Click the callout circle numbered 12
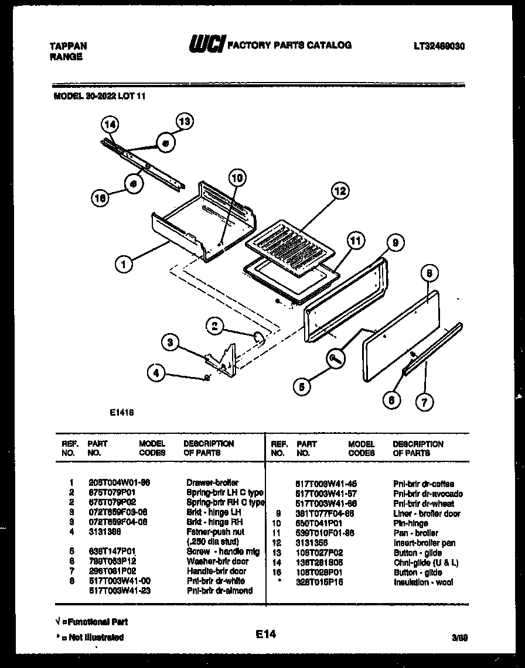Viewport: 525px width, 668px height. pos(339,191)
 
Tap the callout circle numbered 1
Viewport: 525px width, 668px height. pos(123,264)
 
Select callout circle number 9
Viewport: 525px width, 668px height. pos(395,242)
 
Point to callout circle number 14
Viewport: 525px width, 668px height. pos(110,124)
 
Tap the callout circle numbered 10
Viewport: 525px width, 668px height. pos(237,178)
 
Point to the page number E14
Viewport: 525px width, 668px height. pos(265,633)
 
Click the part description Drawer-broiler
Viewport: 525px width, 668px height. pos(212,483)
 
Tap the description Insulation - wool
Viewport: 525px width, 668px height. pos(422,582)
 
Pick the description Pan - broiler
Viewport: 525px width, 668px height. pos(415,533)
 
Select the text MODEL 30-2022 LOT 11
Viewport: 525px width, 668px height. pos(96,97)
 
